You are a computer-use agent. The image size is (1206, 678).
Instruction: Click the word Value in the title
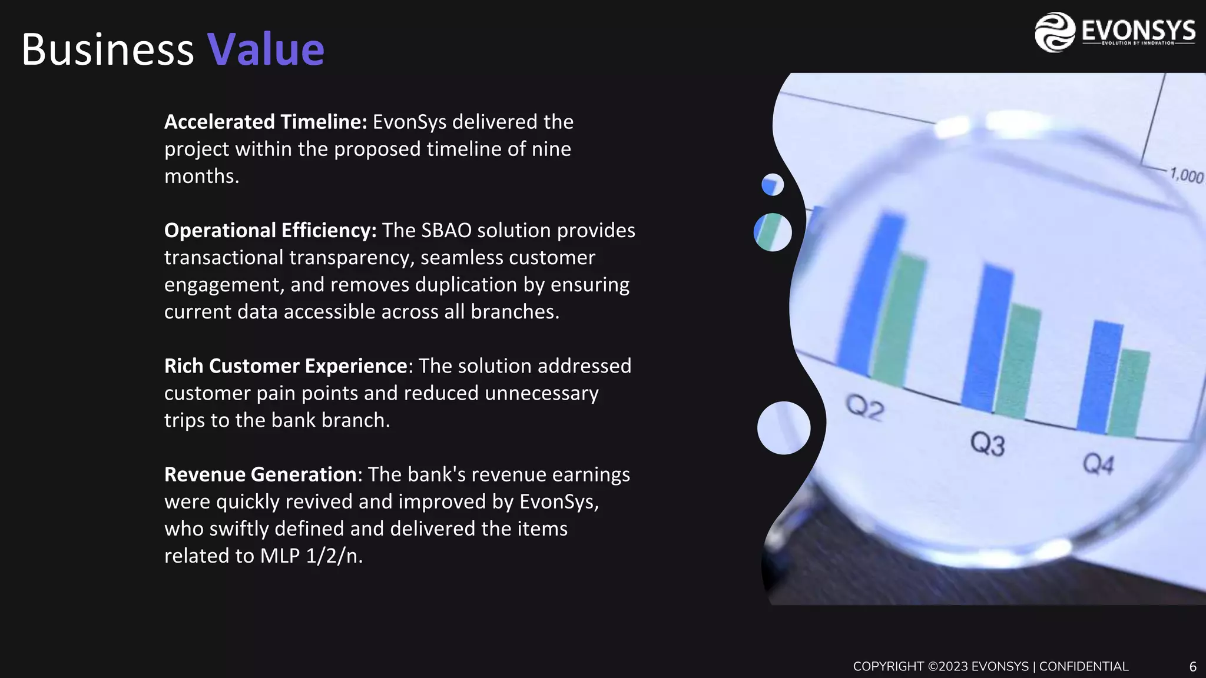click(266, 49)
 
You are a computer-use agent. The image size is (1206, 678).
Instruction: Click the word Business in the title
click(108, 49)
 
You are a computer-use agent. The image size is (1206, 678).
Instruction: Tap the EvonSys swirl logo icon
click(1055, 32)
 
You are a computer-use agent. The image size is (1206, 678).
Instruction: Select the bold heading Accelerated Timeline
click(266, 122)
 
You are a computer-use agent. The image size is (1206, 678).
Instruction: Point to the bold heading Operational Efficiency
click(270, 230)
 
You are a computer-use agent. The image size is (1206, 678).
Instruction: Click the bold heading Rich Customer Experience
click(286, 366)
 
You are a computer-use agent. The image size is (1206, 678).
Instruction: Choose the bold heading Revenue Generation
click(260, 474)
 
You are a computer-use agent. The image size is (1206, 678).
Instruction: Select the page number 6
click(1192, 667)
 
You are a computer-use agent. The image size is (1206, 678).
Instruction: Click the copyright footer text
click(990, 667)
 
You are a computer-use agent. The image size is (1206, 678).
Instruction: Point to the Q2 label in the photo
click(865, 407)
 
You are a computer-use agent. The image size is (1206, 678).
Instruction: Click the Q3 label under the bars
click(988, 444)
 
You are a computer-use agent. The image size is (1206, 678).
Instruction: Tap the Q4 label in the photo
click(1098, 464)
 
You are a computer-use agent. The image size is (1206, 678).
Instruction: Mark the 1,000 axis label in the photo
click(1186, 175)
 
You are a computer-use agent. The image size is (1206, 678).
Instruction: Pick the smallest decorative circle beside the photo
click(773, 185)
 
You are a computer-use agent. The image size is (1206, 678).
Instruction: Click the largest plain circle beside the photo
click(783, 428)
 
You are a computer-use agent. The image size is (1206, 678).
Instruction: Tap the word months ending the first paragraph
click(201, 176)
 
